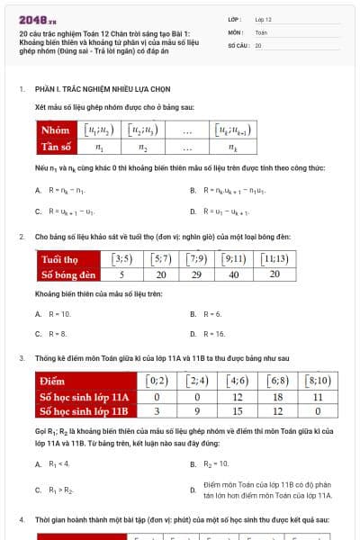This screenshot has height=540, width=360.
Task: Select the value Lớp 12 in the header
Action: point(263,18)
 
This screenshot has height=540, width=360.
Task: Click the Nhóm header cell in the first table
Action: point(56,130)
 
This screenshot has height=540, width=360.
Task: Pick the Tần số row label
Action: point(56,147)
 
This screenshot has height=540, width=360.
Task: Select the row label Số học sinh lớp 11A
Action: point(84,397)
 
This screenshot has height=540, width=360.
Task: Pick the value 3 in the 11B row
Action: point(157,411)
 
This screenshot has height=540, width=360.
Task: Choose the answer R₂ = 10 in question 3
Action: point(216,464)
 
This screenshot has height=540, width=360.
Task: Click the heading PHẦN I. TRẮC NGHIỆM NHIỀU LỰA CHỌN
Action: point(103,90)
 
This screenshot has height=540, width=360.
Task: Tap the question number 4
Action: point(22,520)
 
